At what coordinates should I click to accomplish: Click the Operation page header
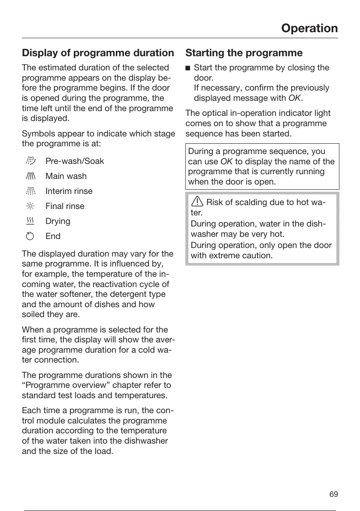click(309, 28)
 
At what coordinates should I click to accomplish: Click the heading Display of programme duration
click(98, 53)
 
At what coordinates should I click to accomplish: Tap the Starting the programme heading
click(244, 53)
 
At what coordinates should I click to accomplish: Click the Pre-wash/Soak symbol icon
click(30, 161)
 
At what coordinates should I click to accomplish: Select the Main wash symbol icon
click(30, 176)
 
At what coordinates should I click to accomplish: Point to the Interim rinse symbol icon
click(30, 191)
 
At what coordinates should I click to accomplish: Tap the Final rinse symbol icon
click(30, 206)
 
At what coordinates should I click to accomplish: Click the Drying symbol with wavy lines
click(30, 221)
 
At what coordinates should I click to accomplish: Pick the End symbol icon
click(30, 236)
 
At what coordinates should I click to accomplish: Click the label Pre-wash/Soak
click(75, 161)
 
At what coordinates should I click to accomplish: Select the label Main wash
click(66, 176)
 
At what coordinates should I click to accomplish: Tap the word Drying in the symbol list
click(58, 221)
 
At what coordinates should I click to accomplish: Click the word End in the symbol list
click(53, 236)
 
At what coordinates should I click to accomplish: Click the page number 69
click(333, 494)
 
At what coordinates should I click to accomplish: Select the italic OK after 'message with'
click(294, 98)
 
